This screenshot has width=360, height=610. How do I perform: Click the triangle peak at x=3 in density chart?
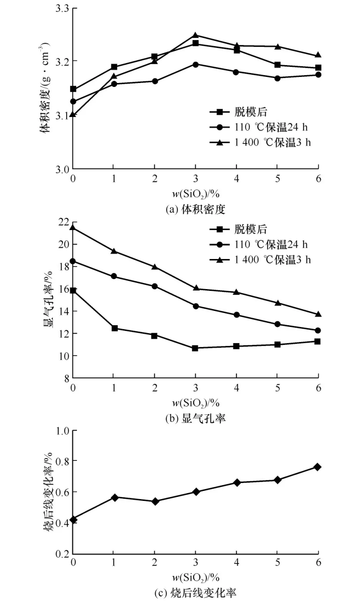coord(196,35)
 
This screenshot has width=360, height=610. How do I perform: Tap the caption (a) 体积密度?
coord(196,209)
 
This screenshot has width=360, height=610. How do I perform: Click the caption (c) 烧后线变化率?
coord(196,593)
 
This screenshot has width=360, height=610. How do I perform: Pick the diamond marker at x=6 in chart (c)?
coord(318,467)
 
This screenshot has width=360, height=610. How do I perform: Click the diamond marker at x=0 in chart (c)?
coord(73,520)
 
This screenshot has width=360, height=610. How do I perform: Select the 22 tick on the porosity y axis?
coord(63,222)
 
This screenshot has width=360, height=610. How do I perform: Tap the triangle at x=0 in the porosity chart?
coord(73,227)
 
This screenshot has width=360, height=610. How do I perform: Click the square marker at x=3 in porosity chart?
coord(195,348)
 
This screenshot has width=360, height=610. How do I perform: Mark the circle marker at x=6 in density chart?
coord(318,75)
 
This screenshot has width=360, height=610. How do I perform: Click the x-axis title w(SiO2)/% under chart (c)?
coord(196,577)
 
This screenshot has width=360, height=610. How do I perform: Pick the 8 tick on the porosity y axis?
coord(65,378)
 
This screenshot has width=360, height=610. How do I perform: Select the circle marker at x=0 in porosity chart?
coord(73,261)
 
